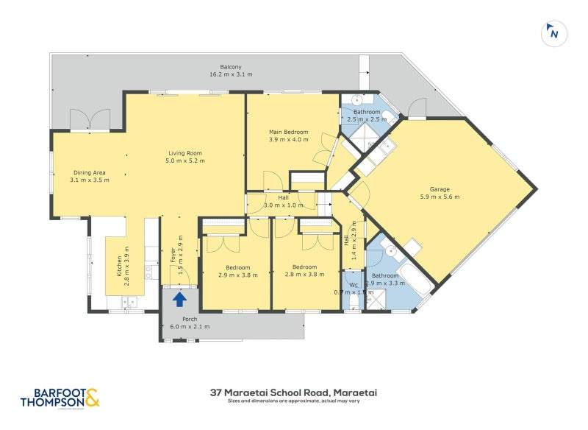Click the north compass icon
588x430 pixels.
point(553,33)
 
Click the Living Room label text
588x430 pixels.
point(184,152)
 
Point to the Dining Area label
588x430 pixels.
point(89,172)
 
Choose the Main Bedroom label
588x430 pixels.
point(288,132)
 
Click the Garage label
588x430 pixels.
point(440,188)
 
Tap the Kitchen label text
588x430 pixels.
point(118,265)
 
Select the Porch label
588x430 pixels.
point(190,319)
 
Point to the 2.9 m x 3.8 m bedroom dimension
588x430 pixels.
point(237,275)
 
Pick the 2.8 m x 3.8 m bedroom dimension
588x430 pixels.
point(304,275)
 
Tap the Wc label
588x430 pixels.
point(354,285)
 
